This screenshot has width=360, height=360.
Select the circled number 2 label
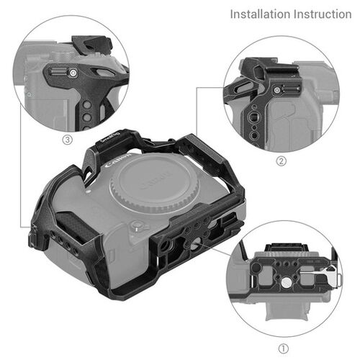pos(281,161)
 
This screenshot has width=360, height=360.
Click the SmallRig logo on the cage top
pos(107,138)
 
